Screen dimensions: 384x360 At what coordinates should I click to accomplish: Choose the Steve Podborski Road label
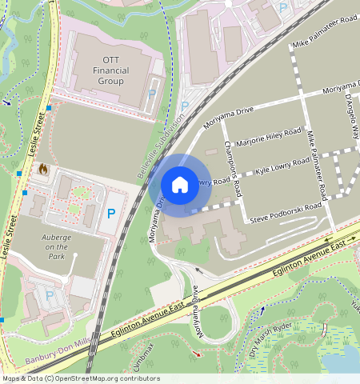(286, 212)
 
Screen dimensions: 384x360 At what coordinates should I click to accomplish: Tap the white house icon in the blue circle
(180, 186)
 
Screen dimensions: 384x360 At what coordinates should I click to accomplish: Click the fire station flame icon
(42, 170)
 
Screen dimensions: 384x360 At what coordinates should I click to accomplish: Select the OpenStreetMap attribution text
(70, 378)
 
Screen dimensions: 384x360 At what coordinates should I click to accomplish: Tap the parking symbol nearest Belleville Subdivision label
(185, 106)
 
